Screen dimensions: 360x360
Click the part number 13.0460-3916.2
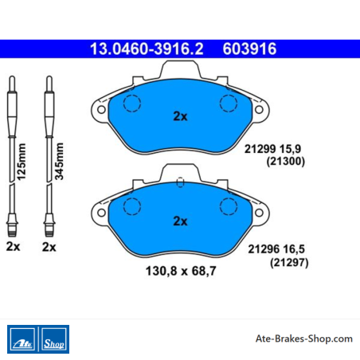147,49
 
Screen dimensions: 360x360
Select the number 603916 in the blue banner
249,49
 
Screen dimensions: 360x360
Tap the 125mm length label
22,162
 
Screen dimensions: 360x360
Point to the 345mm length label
59,162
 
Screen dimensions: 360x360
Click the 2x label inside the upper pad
180,116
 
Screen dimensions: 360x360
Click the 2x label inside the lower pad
180,221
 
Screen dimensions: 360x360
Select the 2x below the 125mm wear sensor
13,247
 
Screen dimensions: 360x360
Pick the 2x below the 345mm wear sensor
49,247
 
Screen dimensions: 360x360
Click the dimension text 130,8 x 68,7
181,271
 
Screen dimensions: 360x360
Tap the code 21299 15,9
272,149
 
